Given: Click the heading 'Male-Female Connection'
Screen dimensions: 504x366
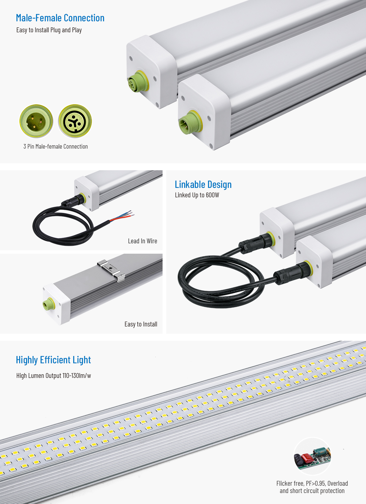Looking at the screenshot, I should click(x=60, y=18).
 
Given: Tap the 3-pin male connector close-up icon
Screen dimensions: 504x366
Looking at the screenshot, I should click(x=36, y=121).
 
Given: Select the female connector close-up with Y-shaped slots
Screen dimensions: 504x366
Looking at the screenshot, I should click(x=75, y=121).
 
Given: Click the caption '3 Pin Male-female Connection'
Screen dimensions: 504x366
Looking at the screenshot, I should click(x=56, y=146).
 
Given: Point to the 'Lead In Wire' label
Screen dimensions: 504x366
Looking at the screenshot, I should click(x=142, y=241).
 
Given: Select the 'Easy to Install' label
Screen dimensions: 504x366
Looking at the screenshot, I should click(x=141, y=324).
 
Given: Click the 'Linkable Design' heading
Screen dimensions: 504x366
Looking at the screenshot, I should click(x=203, y=185).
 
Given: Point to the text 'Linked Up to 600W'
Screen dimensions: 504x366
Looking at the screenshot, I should click(x=197, y=195).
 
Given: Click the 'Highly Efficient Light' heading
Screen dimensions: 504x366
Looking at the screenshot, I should click(x=53, y=360).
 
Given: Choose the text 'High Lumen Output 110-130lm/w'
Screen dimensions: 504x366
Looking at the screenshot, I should click(x=54, y=375).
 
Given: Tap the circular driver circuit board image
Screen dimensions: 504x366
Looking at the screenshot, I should click(x=312, y=456).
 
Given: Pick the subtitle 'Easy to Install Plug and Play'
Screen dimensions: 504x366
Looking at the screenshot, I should click(x=49, y=30).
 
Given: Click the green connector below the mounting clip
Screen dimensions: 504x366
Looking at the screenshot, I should click(x=48, y=304).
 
